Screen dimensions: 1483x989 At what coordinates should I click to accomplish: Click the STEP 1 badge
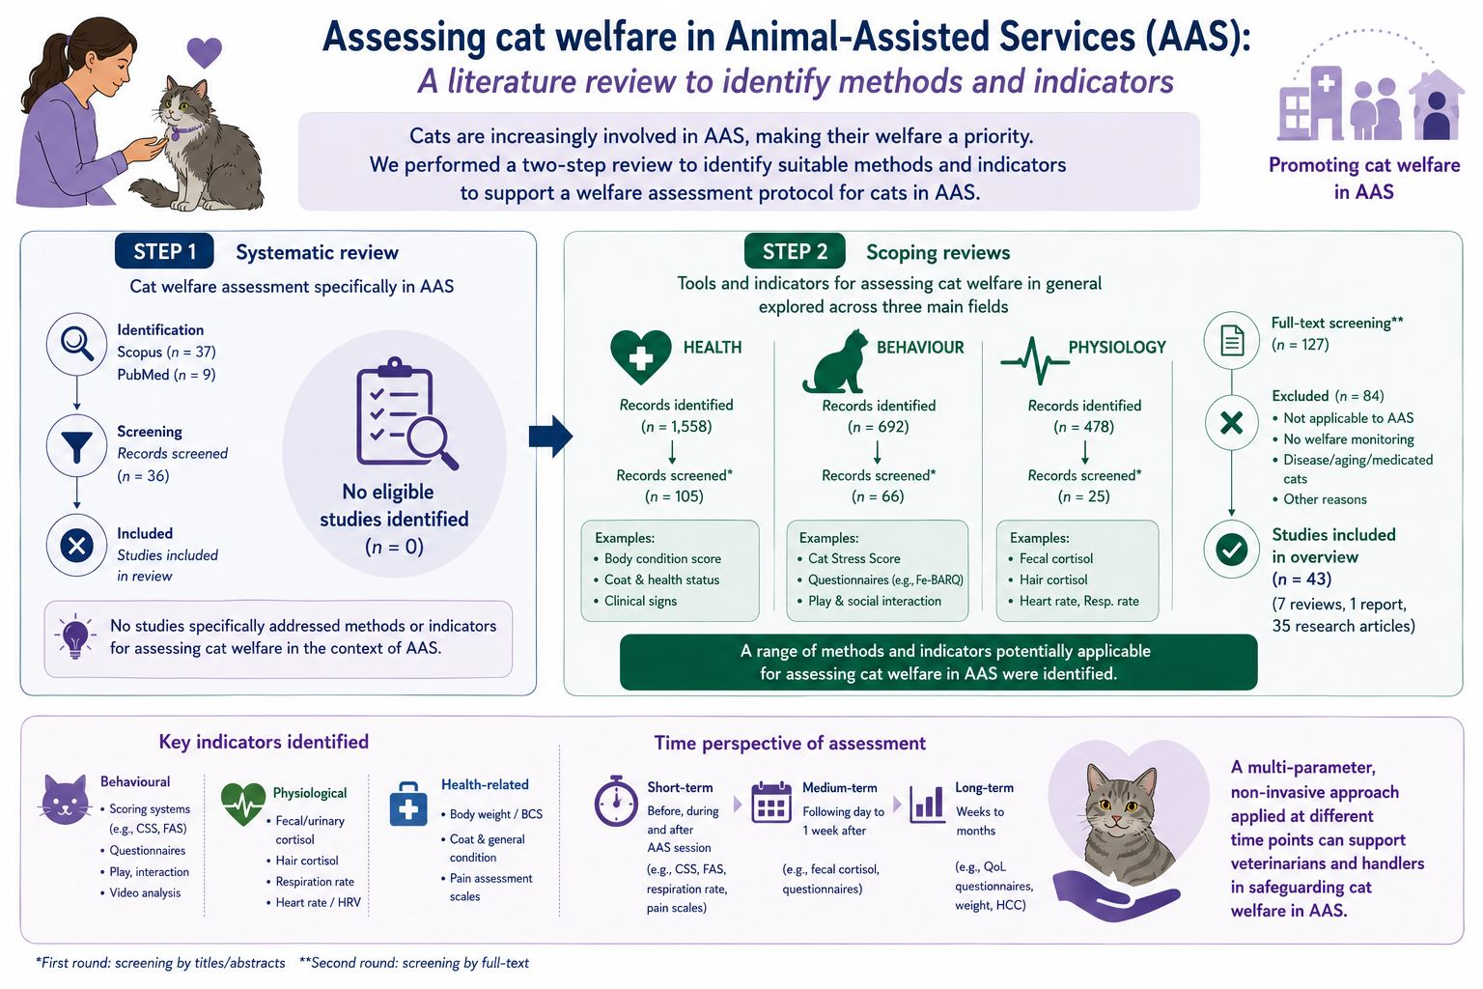(164, 251)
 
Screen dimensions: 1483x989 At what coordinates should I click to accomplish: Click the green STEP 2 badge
(795, 251)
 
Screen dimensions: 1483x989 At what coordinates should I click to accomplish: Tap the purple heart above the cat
(204, 52)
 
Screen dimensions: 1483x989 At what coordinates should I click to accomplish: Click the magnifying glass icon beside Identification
(77, 344)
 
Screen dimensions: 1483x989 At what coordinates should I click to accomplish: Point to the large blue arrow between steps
(550, 437)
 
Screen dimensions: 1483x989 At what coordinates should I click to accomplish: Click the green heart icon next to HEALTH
(640, 357)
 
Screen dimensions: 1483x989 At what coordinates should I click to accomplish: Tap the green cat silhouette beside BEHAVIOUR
(835, 361)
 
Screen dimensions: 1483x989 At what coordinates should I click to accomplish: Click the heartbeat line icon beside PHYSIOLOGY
(1034, 361)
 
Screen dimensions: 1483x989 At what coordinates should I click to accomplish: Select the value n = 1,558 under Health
(676, 427)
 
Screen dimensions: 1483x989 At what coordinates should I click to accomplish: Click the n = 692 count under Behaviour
(878, 427)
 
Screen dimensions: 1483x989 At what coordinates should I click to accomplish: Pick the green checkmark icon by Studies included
(1231, 550)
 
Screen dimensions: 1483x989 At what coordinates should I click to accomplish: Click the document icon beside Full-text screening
(1231, 341)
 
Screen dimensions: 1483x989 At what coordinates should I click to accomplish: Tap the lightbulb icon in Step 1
(74, 636)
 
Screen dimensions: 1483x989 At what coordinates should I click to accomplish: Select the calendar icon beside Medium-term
(771, 803)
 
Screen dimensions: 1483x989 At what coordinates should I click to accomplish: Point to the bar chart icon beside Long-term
(927, 804)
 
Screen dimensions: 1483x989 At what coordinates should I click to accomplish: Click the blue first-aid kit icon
(407, 805)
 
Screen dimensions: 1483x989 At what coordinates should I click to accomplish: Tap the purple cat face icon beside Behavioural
(65, 800)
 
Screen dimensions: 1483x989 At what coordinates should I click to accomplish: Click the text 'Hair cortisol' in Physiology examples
(1052, 579)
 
